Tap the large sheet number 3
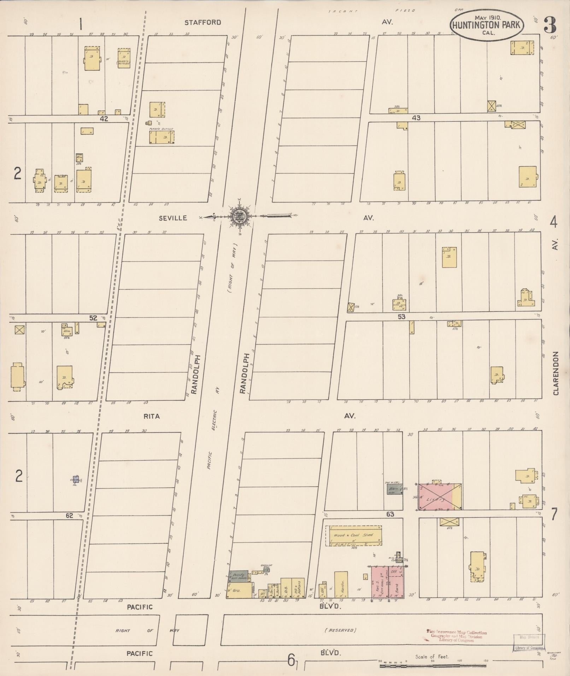point(550,24)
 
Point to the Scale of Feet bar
point(433,666)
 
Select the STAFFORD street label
point(202,22)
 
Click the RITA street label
point(151,416)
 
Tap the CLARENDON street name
point(556,373)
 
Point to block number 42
point(103,119)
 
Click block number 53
point(401,316)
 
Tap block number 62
point(69,516)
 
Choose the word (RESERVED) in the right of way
point(342,630)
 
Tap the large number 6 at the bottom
point(291,659)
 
